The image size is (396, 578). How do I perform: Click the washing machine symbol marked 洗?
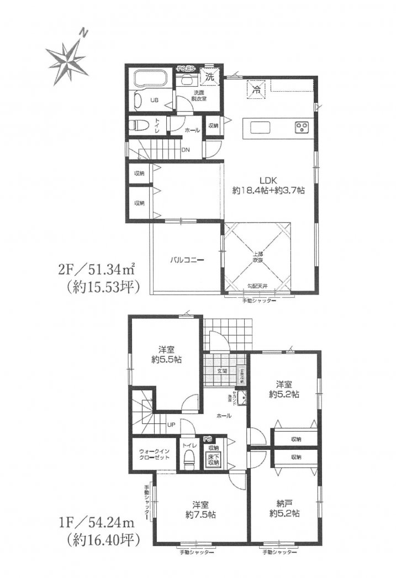pos(210,77)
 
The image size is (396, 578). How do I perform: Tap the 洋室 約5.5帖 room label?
pos(163,354)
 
